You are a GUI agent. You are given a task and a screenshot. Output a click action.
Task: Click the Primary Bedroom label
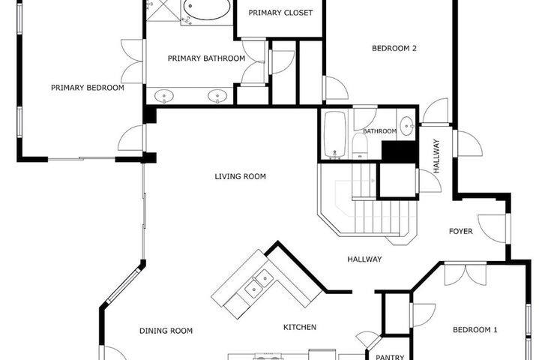point(87,88)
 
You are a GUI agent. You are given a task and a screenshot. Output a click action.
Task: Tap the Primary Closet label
point(280,13)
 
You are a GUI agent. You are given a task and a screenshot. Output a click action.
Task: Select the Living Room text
point(241,176)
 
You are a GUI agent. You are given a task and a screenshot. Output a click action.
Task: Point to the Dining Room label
point(166,331)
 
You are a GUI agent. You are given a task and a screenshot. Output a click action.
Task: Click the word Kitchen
point(300,327)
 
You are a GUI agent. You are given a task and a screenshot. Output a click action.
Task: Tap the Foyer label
point(461,232)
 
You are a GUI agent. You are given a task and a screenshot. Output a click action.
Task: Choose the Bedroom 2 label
point(394,48)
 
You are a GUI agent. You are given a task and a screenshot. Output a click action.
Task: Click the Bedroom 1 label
point(475,330)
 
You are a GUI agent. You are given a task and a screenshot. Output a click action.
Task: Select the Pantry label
point(390,357)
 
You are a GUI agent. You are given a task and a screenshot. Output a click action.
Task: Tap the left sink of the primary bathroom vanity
point(164,96)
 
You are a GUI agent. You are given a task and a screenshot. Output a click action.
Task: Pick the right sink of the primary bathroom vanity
point(217,96)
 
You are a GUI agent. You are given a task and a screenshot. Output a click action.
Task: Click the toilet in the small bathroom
point(361,146)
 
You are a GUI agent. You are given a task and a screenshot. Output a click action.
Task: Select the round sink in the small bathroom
point(407,124)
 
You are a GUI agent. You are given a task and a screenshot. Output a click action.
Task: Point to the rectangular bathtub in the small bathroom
point(335,134)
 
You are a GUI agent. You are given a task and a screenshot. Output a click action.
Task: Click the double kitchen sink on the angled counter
point(259,284)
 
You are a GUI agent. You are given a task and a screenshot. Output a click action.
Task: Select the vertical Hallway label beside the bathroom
point(436,156)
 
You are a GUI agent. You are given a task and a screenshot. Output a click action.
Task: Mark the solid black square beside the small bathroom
point(399,151)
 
